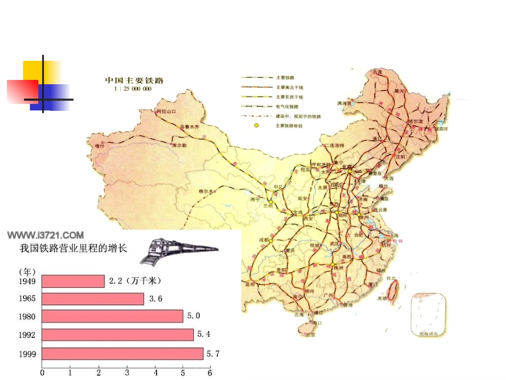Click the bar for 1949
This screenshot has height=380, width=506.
pos(73,281)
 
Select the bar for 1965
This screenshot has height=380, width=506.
pos(93,299)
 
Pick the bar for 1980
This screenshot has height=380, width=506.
pos(112,317)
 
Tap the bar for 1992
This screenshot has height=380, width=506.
pos(118,335)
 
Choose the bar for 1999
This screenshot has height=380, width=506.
pos(122,353)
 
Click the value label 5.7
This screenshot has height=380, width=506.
pos(213,353)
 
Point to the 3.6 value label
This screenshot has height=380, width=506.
pos(156,299)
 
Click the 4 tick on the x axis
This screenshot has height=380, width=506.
pos(155,373)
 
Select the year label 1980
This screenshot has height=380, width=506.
pos(27,317)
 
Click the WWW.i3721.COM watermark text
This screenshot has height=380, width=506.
pos(45,235)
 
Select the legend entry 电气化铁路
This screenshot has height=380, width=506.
pos(287,106)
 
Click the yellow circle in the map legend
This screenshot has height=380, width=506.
pos(256,126)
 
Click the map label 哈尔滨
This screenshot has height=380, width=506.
pos(414,122)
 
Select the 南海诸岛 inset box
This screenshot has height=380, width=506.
pos(428,313)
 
